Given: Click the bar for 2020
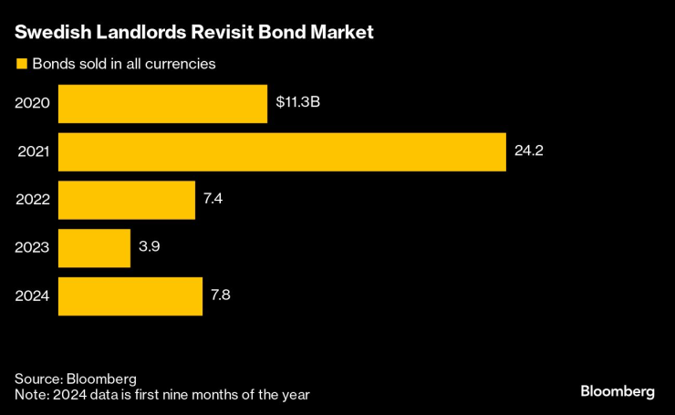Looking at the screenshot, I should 162,103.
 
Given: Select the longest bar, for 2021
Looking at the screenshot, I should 282,151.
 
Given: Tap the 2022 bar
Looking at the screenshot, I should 127,200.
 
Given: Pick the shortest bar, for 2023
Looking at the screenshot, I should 94,248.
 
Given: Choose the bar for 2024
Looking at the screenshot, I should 130,296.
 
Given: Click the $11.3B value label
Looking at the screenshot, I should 298,103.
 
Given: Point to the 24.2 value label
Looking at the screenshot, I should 529,151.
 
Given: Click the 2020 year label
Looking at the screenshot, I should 32,103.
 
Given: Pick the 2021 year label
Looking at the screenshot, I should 33,151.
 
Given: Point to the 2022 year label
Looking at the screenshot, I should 32,200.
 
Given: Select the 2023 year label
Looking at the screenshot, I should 32,248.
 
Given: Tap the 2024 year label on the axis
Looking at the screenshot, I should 32,296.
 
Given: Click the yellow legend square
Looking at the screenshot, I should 19,64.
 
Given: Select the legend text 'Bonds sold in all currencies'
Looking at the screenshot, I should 123,64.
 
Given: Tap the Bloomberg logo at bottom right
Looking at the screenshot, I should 618,391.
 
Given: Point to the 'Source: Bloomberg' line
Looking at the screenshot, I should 76,379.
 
